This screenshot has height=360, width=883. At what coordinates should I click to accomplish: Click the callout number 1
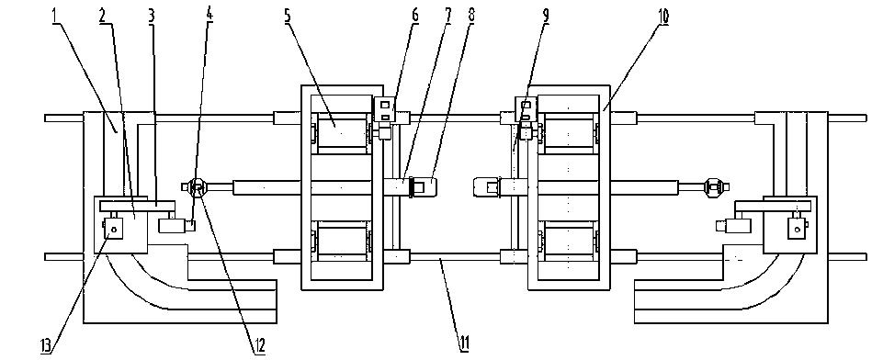tap(55, 16)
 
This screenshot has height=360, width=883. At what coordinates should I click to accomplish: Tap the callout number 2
tap(103, 16)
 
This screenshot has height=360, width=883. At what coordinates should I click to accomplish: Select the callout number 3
tap(152, 16)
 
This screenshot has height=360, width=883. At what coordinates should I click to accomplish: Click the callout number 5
tap(288, 16)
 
